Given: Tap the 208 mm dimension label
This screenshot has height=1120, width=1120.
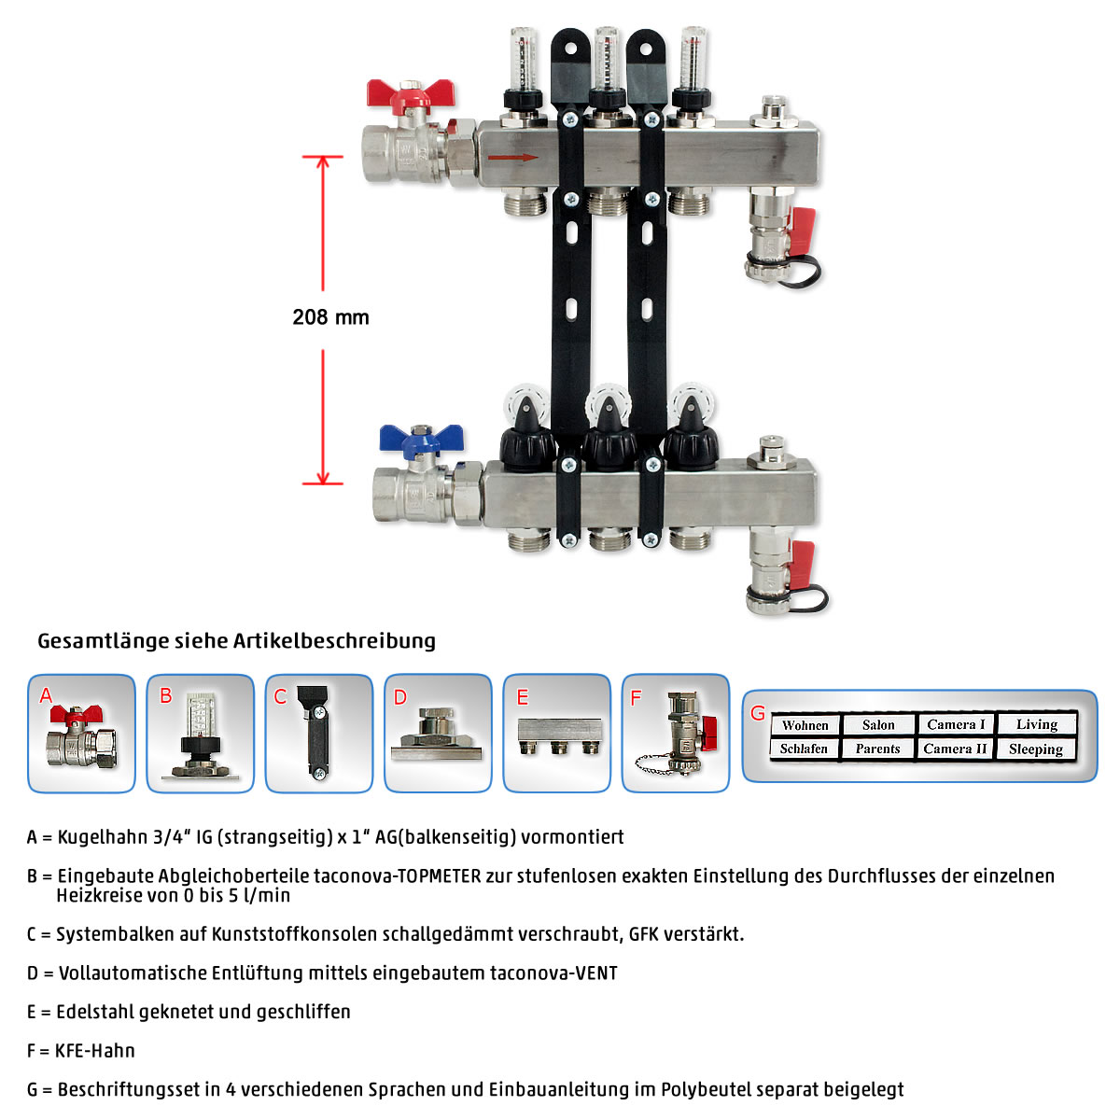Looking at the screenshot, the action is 330,317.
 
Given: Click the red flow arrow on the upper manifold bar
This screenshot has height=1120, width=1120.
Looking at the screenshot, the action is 512,157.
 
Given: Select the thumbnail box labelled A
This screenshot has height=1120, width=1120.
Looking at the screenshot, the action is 81,733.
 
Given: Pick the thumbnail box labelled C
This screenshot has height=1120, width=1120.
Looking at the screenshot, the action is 319,733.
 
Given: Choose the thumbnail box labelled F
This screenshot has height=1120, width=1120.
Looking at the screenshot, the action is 676,733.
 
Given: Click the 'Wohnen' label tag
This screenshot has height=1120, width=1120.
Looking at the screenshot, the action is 805,725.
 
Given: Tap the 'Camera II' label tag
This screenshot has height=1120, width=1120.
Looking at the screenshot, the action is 955,749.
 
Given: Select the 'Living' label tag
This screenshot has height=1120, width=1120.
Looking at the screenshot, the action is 1037,724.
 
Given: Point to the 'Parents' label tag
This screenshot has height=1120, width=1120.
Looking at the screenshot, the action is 877,749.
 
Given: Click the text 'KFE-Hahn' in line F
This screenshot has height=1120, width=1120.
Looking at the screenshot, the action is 95,1051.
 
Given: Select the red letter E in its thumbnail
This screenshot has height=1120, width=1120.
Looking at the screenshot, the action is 523,697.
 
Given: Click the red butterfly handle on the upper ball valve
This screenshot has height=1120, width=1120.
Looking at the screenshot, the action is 411,95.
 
